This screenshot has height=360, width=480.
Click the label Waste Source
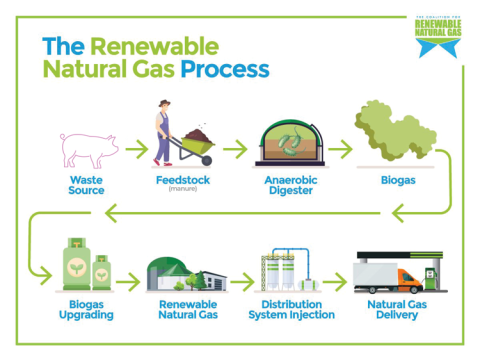click(87, 186)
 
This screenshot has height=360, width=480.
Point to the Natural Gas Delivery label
click(393, 310)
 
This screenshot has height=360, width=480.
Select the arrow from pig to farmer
click(134, 149)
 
